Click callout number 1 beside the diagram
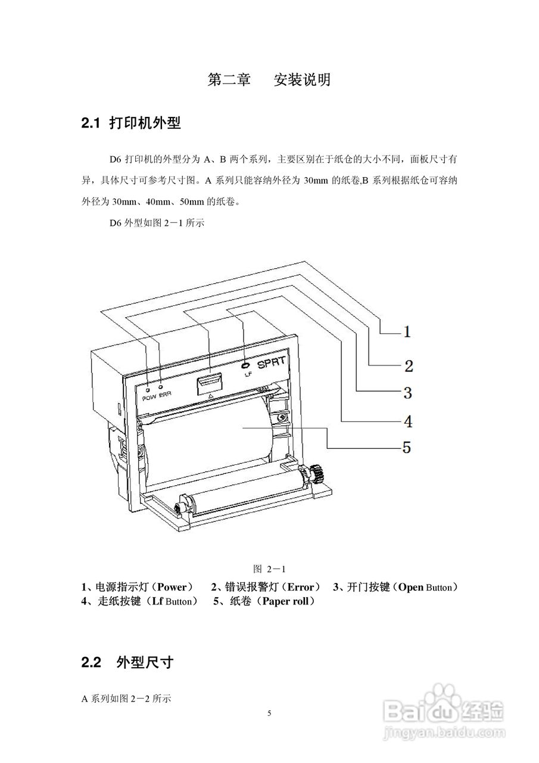point(407,331)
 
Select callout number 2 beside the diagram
point(409,365)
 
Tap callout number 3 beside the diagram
point(407,393)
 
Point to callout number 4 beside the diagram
point(408,421)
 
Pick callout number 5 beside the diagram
point(406,446)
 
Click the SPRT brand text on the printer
point(273,362)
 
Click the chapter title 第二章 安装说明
point(269,80)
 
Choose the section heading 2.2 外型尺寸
point(127,662)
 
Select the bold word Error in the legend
point(296,587)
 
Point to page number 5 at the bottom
point(269,714)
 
